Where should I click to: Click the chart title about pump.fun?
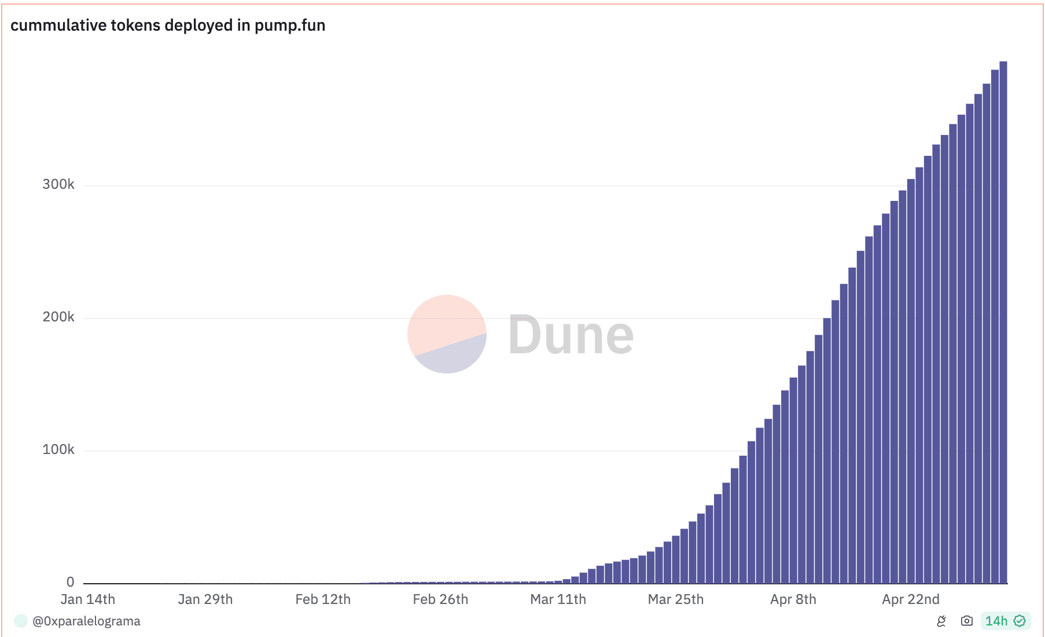168,25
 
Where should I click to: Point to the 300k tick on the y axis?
58,184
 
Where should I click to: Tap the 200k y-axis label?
58,317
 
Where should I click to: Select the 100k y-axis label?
58,449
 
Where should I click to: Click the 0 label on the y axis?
71,582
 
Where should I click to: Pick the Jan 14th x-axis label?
88,599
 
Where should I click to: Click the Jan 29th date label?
205,599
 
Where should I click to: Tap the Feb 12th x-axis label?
323,599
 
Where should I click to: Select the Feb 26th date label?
440,599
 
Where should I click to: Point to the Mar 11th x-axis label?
558,599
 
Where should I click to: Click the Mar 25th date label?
675,599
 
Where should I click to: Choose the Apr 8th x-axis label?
793,599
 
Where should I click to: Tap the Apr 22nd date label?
910,599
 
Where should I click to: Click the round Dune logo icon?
447,334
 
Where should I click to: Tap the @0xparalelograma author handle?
86,621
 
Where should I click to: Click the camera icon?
966,621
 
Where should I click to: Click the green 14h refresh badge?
1005,621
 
